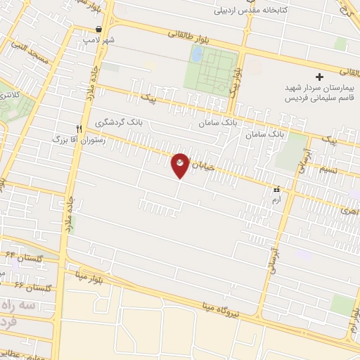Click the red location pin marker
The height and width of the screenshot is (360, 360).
pyautogui.click(x=180, y=165)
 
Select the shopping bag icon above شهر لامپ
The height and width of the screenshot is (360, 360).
pyautogui.click(x=98, y=30)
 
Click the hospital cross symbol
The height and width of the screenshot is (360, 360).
pyautogui.click(x=319, y=76)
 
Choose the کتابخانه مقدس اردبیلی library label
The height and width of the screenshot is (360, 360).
pyautogui.click(x=253, y=11)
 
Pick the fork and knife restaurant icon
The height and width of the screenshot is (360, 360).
pyautogui.click(x=79, y=129)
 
